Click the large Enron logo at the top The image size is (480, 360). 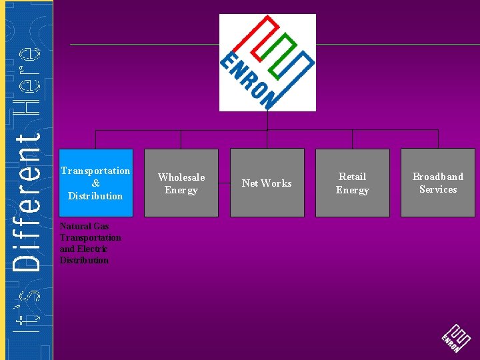(267, 62)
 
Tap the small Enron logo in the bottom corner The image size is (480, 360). (456, 339)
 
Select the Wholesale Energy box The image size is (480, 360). (181, 183)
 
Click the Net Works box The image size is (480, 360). (267, 183)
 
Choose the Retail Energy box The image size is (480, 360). (352, 183)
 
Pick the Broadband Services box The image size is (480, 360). (437, 183)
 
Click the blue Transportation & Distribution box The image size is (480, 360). (96, 183)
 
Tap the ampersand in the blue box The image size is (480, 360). (96, 183)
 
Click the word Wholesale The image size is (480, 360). (181, 177)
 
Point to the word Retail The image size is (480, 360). (352, 177)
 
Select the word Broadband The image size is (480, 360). (437, 177)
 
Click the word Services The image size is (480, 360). (438, 189)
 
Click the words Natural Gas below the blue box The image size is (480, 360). (84, 226)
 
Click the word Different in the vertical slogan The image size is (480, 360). (27, 199)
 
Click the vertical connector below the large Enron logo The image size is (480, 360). (267, 121)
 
